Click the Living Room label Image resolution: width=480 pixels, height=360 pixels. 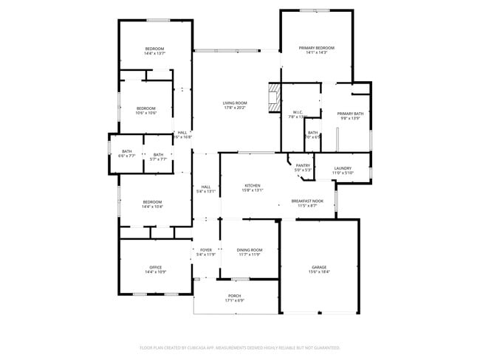tap(236, 103)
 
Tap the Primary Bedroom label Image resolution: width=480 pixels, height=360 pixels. tap(316, 48)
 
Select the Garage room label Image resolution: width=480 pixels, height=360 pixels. tap(318, 267)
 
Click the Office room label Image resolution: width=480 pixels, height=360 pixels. tap(155, 267)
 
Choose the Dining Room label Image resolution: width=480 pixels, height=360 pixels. tap(249, 250)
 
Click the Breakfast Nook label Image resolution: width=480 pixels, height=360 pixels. tap(307, 201)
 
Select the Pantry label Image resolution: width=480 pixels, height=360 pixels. tap(304, 165)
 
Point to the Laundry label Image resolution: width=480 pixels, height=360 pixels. tap(343, 167)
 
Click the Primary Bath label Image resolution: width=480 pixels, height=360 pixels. tap(351, 114)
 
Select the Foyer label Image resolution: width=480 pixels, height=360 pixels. tap(206, 250)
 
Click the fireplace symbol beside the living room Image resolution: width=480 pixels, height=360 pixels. tap(273, 97)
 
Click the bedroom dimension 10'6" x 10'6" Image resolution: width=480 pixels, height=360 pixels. tap(145, 113)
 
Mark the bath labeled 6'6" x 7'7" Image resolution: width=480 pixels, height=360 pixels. tap(127, 156)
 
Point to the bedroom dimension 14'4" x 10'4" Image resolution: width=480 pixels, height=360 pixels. tap(152, 207)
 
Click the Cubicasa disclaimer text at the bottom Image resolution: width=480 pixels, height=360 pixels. tap(240, 347)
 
